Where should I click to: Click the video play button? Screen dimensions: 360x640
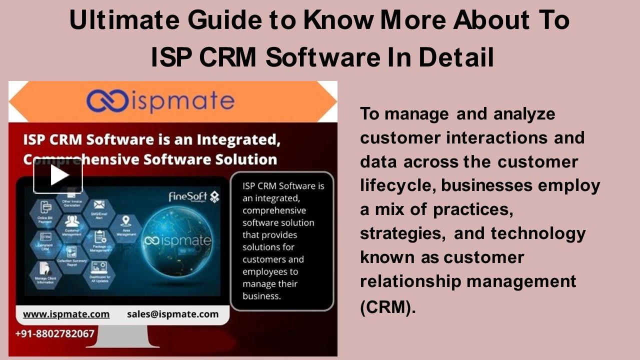(58, 175)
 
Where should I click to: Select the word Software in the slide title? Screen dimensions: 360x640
(322, 57)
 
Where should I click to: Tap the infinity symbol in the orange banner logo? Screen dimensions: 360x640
(106, 101)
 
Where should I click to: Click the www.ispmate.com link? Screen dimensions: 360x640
(66, 314)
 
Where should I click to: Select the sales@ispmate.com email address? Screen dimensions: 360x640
(172, 314)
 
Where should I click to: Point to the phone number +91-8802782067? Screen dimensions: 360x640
(55, 333)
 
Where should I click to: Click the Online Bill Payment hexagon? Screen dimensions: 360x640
(45, 208)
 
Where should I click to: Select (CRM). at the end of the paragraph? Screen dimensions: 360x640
(388, 306)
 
